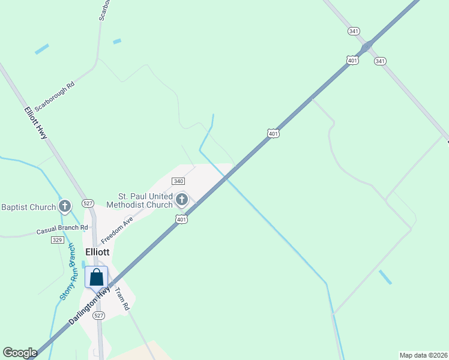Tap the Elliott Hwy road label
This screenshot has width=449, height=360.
pyautogui.click(x=35, y=124)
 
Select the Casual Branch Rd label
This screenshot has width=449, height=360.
pyautogui.click(x=62, y=229)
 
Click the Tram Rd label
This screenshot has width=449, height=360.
pyautogui.click(x=122, y=298)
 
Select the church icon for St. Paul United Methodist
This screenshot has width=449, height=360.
pyautogui.click(x=182, y=199)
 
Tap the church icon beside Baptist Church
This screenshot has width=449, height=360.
pyautogui.click(x=65, y=207)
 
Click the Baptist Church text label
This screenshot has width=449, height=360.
pyautogui.click(x=28, y=208)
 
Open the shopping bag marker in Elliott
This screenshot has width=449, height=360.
pyautogui.click(x=96, y=278)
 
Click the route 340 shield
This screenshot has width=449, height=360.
pyautogui.click(x=178, y=181)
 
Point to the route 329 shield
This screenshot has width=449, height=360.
pyautogui.click(x=58, y=239)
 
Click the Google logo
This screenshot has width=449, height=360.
pyautogui.click(x=20, y=353)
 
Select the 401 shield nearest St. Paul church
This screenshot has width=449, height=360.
pyautogui.click(x=182, y=220)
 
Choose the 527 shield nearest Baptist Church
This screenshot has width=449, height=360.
pyautogui.click(x=88, y=203)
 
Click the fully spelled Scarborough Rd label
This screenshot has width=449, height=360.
pyautogui.click(x=54, y=97)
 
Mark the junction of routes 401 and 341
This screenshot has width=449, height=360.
pyautogui.click(x=366, y=46)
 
